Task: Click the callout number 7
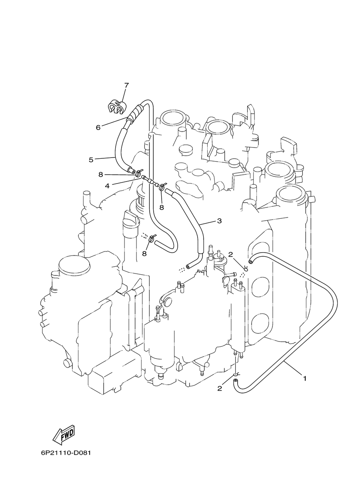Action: [x=126, y=85]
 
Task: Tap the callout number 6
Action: [x=98, y=128]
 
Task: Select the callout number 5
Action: [x=91, y=160]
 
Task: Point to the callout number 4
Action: [x=107, y=186]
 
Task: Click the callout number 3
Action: [x=219, y=221]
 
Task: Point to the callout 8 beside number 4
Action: [x=101, y=175]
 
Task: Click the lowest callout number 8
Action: [x=144, y=253]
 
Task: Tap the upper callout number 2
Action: [x=231, y=255]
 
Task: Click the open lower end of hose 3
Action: [x=188, y=266]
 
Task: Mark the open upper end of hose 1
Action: [x=250, y=262]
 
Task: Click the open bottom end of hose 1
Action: [x=235, y=381]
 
